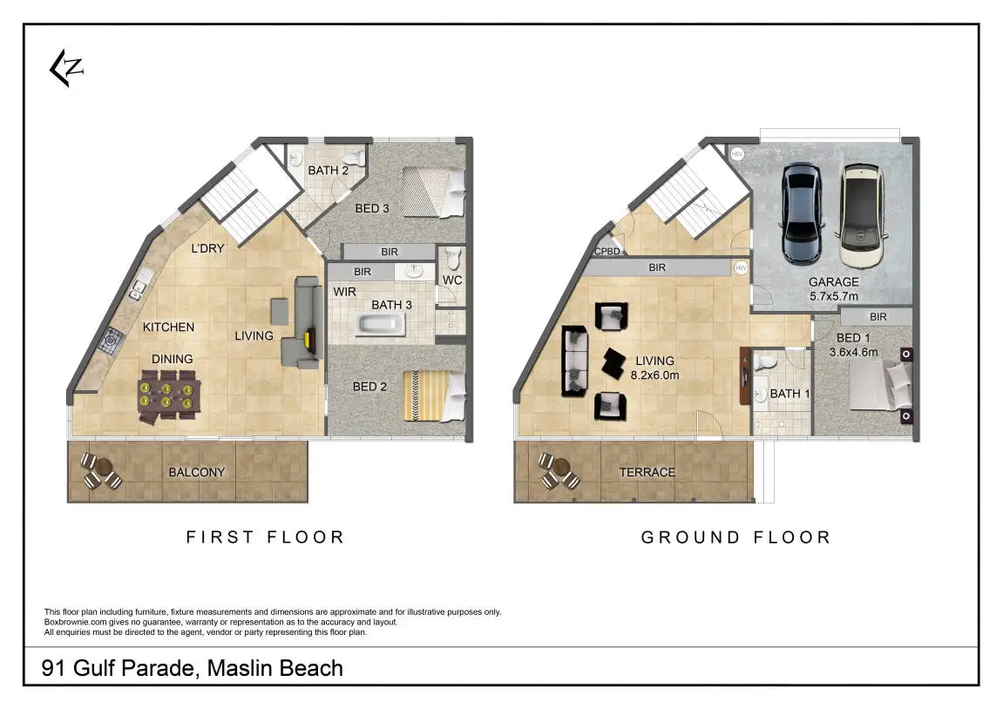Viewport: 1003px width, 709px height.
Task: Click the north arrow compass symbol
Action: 66,68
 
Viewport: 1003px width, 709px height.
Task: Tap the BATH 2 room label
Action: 329,170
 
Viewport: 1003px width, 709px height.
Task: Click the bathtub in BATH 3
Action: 381,325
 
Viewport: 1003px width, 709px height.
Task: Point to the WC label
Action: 452,280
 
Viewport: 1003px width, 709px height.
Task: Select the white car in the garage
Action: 861,215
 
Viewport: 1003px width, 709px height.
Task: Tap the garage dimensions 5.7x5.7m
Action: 833,297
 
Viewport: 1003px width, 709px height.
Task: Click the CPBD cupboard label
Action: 607,251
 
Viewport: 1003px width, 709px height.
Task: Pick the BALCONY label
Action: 196,472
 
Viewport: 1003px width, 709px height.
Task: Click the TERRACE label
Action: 647,472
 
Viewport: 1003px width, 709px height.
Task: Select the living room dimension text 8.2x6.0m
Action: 655,375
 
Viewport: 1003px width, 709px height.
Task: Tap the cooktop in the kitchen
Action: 112,341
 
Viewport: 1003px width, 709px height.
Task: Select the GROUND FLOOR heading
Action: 736,537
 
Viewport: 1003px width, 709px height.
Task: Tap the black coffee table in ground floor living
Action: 614,363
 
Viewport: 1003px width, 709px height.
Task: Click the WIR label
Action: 344,292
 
